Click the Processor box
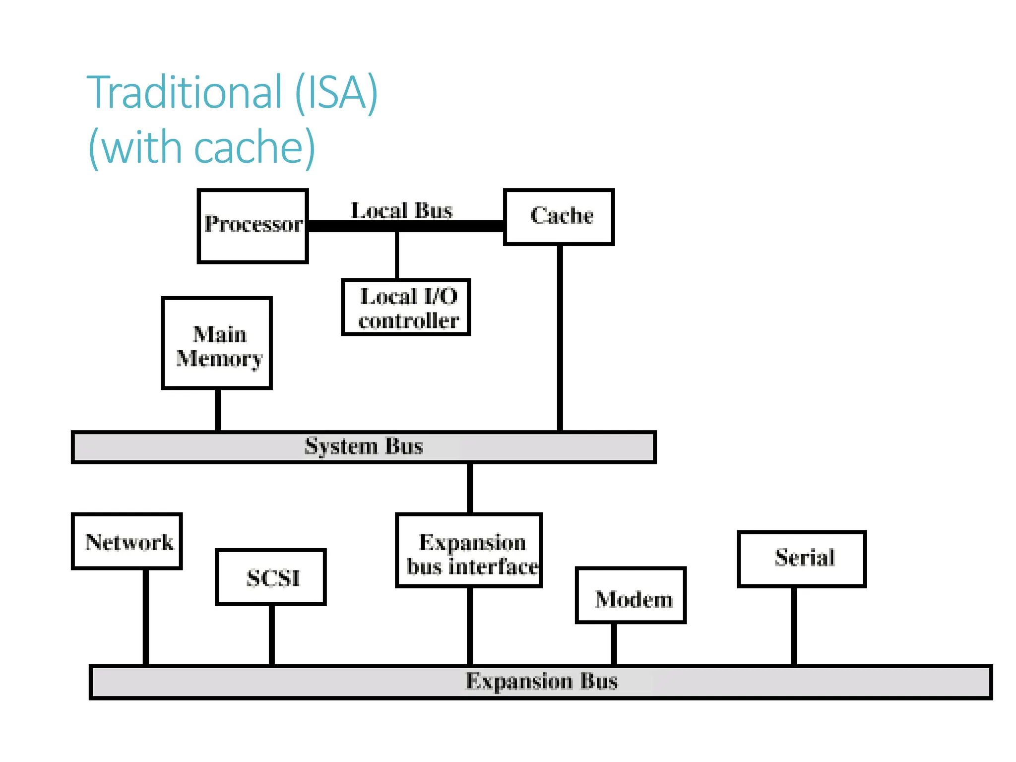253,226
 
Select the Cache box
559,217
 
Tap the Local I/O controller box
406,308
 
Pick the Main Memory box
217,343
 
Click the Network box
127,541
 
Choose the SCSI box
271,577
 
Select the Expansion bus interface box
469,551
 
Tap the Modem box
631,595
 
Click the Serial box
802,559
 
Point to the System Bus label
364,446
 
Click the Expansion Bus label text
541,681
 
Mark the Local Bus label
401,210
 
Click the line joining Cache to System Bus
560,337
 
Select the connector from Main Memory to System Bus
218,410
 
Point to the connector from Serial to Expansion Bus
794,626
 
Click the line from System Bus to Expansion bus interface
469,488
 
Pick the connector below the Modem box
614,644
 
